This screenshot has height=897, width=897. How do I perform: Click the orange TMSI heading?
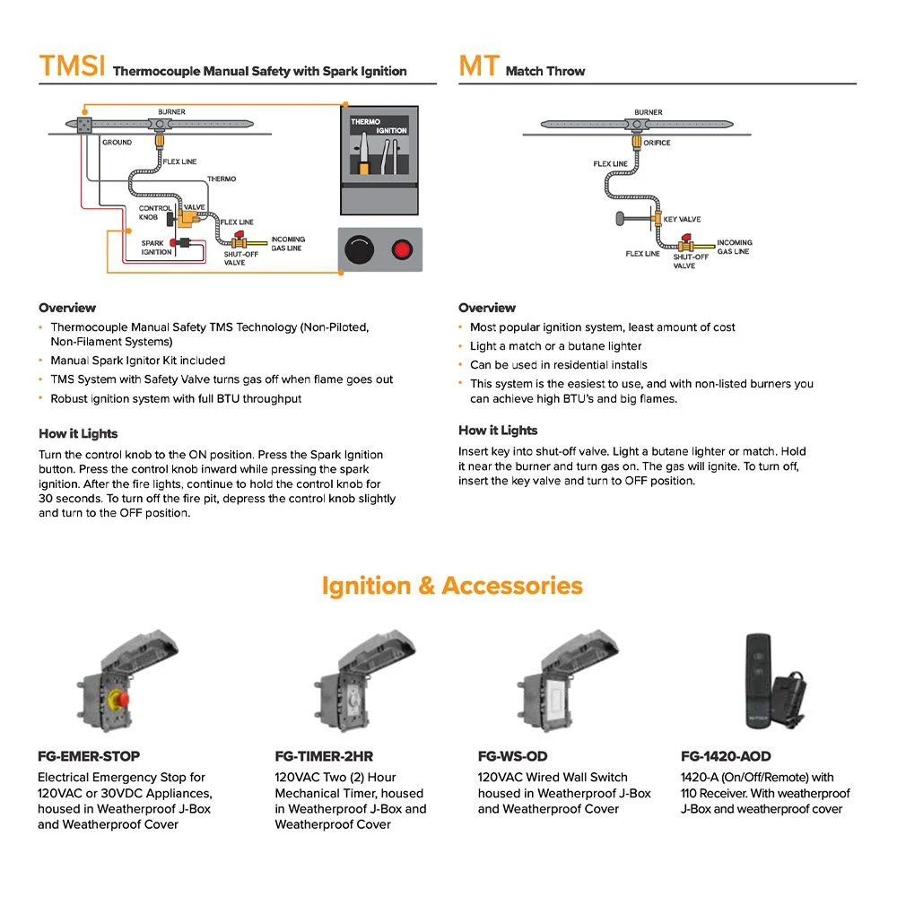(72, 66)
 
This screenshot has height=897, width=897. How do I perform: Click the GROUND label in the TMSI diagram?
(117, 143)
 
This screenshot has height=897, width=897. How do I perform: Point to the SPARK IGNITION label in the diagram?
(156, 248)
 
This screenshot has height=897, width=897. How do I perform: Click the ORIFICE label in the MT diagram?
(657, 143)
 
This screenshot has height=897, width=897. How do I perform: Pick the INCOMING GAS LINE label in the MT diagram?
(735, 248)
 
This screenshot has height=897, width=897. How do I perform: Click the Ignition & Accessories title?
(452, 586)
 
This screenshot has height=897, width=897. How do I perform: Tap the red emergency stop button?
(118, 698)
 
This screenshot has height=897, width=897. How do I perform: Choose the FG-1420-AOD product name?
(726, 756)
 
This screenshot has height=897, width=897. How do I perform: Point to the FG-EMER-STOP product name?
(89, 756)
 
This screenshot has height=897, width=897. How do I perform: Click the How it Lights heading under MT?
(498, 431)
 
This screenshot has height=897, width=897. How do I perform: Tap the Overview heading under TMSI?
(67, 308)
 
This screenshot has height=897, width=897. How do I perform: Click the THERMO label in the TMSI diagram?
(222, 179)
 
